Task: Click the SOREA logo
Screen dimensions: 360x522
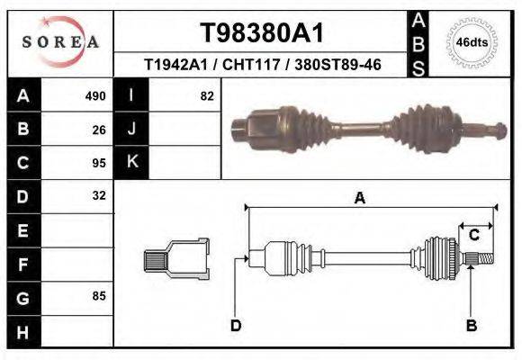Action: click(x=60, y=41)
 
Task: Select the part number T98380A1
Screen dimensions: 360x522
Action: click(x=260, y=33)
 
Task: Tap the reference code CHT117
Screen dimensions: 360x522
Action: click(x=242, y=66)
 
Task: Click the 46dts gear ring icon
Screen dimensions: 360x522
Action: click(x=472, y=42)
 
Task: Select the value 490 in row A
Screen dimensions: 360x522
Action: click(x=95, y=95)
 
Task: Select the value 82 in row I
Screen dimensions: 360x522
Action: click(x=206, y=95)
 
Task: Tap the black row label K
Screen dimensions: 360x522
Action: click(x=131, y=163)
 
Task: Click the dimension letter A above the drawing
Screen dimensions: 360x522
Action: click(x=359, y=199)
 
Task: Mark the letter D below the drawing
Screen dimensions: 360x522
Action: click(x=236, y=325)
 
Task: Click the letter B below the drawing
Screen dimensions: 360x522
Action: click(x=471, y=325)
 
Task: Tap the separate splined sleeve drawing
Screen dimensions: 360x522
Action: click(x=175, y=260)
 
